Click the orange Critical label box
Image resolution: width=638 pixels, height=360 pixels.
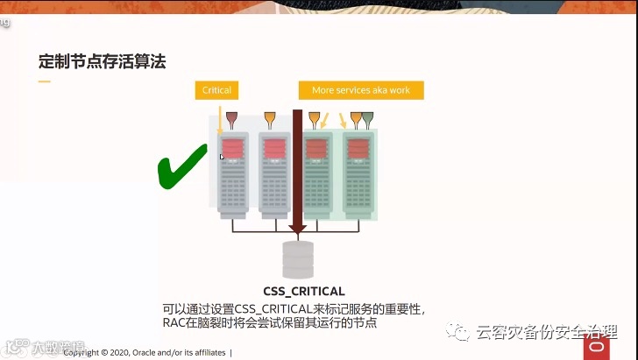(x=216, y=90)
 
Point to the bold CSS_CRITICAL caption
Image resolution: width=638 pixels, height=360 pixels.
(x=304, y=291)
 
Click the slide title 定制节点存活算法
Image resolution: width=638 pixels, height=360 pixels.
(x=103, y=62)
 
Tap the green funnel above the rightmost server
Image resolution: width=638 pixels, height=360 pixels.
(x=368, y=118)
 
